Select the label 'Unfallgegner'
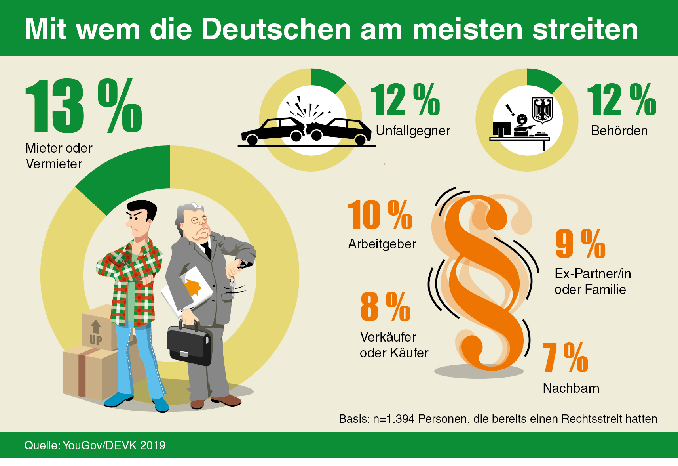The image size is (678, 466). click(413, 131)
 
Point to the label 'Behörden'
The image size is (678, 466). click(619, 131)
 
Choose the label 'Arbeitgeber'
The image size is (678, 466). click(382, 244)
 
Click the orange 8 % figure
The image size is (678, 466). click(385, 307)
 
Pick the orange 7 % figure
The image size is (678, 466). click(565, 358)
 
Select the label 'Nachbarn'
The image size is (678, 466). click(571, 388)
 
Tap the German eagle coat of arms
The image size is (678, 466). click(542, 110)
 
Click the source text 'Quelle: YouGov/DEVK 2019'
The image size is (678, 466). click(95, 445)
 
